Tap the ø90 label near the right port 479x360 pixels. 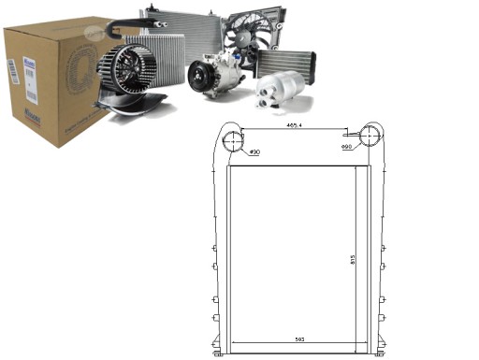[x=347, y=147]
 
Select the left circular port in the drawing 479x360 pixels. [x=233, y=140]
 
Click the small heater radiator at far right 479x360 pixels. [x=286, y=67]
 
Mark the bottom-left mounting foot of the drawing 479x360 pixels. [x=219, y=353]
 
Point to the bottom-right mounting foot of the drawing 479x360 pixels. [x=378, y=353]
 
